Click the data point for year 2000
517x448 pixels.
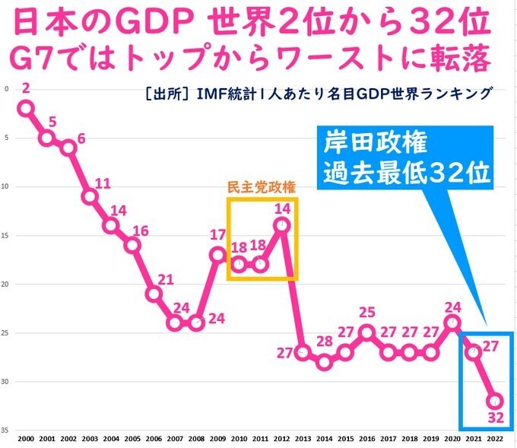(x=26, y=109)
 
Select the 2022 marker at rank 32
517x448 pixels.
(x=494, y=401)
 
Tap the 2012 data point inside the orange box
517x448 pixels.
(x=281, y=225)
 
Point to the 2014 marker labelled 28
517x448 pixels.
(x=324, y=361)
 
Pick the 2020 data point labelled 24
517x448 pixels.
(x=452, y=322)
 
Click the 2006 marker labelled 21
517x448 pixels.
(x=154, y=294)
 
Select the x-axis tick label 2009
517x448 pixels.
(x=217, y=440)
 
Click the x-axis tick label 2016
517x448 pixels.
(x=366, y=440)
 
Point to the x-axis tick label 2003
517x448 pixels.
(x=90, y=440)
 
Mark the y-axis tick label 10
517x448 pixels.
(x=7, y=187)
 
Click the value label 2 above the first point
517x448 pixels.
(x=26, y=89)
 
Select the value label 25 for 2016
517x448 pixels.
(x=366, y=312)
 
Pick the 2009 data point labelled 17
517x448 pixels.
(x=217, y=254)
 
